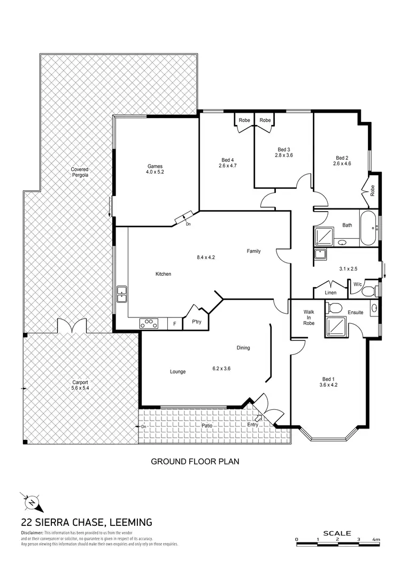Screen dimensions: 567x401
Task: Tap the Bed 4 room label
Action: click(x=228, y=160)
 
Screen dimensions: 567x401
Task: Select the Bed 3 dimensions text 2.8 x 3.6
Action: click(x=284, y=155)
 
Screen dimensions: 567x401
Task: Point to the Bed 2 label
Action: click(x=342, y=158)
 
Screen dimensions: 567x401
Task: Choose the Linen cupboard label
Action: click(x=331, y=293)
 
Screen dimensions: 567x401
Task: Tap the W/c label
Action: click(x=358, y=284)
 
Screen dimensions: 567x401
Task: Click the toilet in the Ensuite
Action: click(x=335, y=308)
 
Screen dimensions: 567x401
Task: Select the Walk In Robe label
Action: click(x=309, y=317)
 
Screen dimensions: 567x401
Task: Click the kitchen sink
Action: click(x=121, y=292)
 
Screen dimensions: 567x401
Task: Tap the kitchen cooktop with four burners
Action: click(x=149, y=323)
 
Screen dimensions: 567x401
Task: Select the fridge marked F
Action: click(x=175, y=323)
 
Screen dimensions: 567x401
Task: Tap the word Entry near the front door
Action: click(x=252, y=425)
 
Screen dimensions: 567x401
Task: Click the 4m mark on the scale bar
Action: click(x=376, y=540)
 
